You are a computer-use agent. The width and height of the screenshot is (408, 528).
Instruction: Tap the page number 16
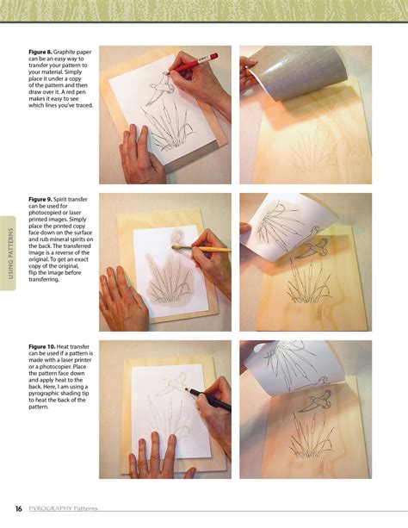(18, 508)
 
